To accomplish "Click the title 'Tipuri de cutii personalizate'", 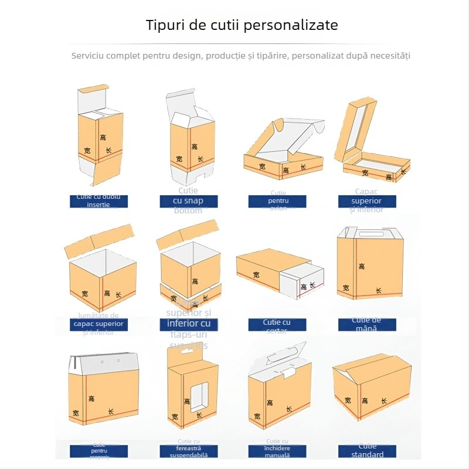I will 242,25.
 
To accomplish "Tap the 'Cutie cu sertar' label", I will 277,325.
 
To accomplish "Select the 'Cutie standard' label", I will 368,451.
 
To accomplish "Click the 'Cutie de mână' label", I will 367,324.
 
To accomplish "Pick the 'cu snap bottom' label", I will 189,201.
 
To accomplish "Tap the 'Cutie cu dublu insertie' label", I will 98,201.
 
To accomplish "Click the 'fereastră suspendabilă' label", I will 188,451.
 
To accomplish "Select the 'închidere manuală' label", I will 277,451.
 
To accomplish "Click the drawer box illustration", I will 280,273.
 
